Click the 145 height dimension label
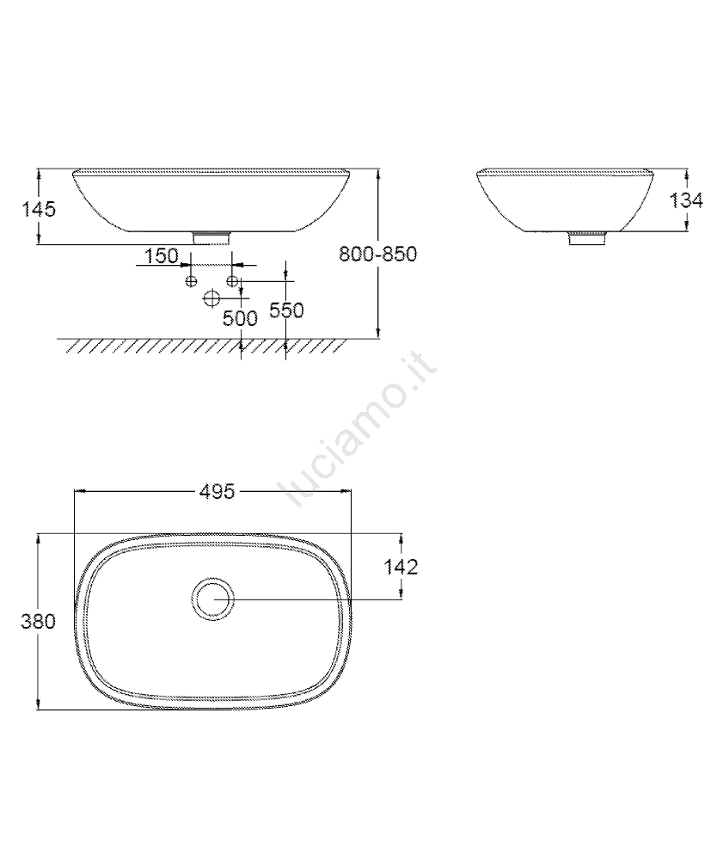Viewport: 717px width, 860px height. [x=39, y=209]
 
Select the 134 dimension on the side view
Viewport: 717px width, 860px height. [x=686, y=200]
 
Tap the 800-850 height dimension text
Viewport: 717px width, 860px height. [x=377, y=254]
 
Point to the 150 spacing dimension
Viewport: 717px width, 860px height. [x=162, y=255]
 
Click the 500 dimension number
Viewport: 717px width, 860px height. [x=240, y=318]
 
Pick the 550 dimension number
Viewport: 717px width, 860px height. [x=286, y=310]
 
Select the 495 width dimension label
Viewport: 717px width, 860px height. [x=217, y=491]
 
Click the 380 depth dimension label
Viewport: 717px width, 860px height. [x=39, y=622]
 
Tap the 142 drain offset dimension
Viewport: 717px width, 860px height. [x=401, y=567]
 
